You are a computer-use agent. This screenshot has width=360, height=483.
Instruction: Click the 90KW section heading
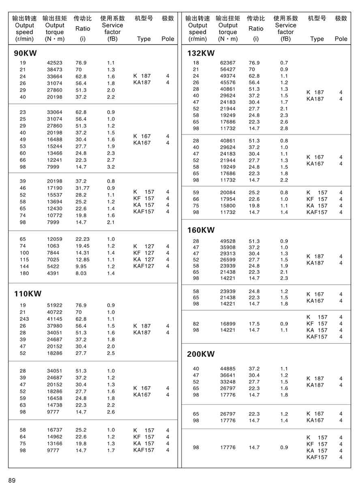click(25, 53)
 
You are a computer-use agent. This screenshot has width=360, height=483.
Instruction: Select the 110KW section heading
click(28, 294)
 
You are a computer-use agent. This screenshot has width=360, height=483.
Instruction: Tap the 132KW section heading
click(201, 53)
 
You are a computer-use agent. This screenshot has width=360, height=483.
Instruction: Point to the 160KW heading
click(201, 230)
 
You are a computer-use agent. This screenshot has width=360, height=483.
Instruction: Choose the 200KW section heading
click(201, 354)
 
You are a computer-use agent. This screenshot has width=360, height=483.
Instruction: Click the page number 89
click(12, 480)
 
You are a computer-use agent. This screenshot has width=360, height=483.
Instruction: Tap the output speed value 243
click(24, 319)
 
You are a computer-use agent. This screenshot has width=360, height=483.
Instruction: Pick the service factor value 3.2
click(111, 167)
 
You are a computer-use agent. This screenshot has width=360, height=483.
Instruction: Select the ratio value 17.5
click(254, 324)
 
